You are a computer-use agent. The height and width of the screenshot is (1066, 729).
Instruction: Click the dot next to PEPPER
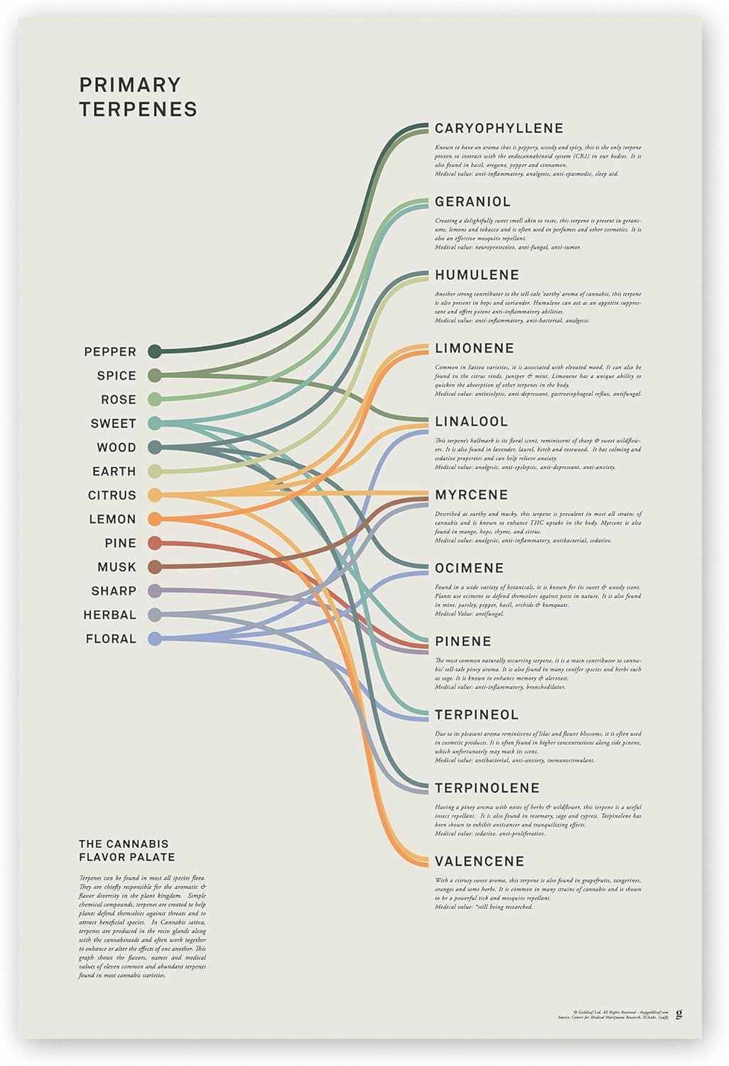(154, 351)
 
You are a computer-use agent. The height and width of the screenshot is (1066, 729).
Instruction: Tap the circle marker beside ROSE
(154, 399)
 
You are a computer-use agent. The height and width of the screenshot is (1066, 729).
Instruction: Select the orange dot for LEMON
(154, 519)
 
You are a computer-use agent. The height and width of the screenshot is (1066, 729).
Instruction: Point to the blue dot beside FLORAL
(154, 639)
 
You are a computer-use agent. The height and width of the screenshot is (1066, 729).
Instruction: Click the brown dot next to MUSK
(154, 567)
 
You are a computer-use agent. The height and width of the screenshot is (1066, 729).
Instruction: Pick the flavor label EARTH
(114, 471)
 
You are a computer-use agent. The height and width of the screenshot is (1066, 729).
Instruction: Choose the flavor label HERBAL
(109, 615)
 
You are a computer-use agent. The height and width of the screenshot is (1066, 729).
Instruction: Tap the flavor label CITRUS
(112, 495)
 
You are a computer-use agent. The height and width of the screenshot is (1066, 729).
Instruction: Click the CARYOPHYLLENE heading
(499, 129)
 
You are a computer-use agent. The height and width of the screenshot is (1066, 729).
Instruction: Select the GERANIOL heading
(472, 202)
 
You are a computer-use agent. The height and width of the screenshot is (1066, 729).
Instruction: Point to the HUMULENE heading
(477, 275)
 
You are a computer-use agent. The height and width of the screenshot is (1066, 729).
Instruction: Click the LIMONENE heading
(474, 348)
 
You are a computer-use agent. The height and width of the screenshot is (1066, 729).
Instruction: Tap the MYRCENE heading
(471, 495)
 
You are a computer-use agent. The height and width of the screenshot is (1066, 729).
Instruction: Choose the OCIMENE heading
(469, 568)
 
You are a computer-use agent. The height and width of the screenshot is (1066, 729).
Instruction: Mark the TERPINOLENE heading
(487, 787)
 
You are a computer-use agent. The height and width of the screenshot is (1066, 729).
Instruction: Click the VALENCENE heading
(479, 861)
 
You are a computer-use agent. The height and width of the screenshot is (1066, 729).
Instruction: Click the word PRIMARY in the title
(130, 85)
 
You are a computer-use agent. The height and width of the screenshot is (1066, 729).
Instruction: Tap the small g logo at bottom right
(679, 1013)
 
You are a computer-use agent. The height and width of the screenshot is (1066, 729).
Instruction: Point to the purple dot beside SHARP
(154, 591)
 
